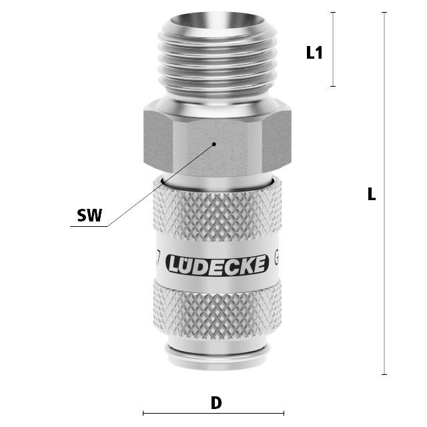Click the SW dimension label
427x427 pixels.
click(89, 215)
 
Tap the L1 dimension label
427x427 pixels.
click(314, 53)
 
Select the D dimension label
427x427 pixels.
click(216, 403)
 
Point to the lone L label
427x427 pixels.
click(372, 194)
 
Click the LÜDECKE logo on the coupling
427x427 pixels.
click(217, 264)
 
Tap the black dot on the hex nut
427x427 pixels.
click(214, 144)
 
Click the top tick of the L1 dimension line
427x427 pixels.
click(333, 12)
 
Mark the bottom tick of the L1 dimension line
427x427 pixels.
click(333, 86)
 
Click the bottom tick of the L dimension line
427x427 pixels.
click(384, 374)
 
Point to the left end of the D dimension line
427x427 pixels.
click(143, 414)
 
